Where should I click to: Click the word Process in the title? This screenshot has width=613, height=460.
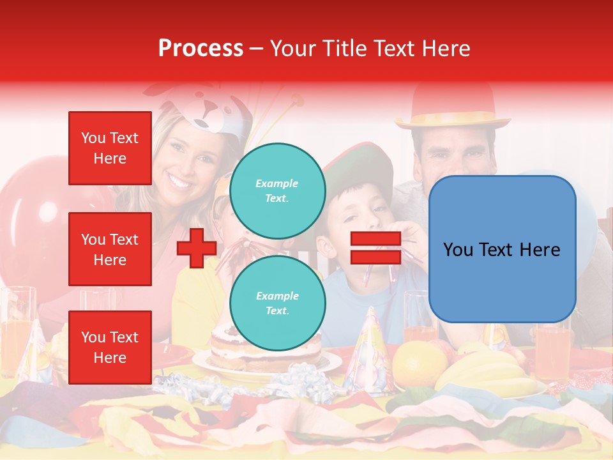(201, 49)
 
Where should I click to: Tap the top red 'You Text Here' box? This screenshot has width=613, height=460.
(110, 148)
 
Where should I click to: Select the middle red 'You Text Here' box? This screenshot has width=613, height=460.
(110, 249)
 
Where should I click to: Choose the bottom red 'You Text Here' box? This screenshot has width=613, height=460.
(110, 348)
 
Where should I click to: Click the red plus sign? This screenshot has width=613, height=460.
(196, 249)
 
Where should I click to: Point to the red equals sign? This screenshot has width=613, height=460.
(375, 249)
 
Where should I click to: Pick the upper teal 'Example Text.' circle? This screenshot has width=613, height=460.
(277, 190)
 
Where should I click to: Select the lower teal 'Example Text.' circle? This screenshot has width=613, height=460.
(277, 303)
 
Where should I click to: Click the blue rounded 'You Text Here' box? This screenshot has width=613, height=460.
(502, 249)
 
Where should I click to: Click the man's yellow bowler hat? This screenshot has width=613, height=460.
(453, 105)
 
